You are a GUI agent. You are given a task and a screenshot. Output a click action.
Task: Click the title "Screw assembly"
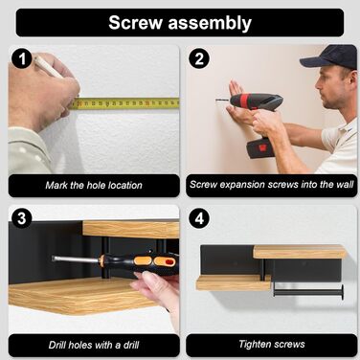coord(180,23)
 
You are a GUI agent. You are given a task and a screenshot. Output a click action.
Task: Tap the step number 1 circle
coord(22,59)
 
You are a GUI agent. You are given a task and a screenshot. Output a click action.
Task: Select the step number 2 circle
coord(199,59)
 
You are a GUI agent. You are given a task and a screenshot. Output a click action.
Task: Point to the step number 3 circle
coord(22,218)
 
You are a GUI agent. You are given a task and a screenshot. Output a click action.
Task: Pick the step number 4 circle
coord(199,218)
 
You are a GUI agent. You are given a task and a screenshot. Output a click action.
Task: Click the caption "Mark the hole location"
coord(94,185)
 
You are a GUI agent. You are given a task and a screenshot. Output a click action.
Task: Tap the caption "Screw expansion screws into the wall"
coord(272,185)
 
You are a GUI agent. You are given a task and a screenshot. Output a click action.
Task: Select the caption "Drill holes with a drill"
coord(94,345)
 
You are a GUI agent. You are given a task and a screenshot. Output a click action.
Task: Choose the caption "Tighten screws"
coord(272,344)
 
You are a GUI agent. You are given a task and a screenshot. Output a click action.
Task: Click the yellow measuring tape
coord(124,103)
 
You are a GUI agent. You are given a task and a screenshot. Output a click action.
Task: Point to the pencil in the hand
coord(49,68)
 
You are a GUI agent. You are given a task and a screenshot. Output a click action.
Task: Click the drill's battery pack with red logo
coord(260,147)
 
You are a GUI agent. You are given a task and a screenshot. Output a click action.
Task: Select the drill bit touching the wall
coord(222,101)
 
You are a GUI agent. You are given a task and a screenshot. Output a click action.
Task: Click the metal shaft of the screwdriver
coord(76,259)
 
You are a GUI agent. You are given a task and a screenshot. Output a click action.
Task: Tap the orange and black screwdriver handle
coord(139,262)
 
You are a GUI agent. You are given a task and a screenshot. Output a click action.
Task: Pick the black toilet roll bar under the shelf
coord(308,292)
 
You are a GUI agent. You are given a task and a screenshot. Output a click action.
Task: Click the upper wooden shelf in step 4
coord(300,252)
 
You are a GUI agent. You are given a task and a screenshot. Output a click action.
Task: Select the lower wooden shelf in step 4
coord(234,282)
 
